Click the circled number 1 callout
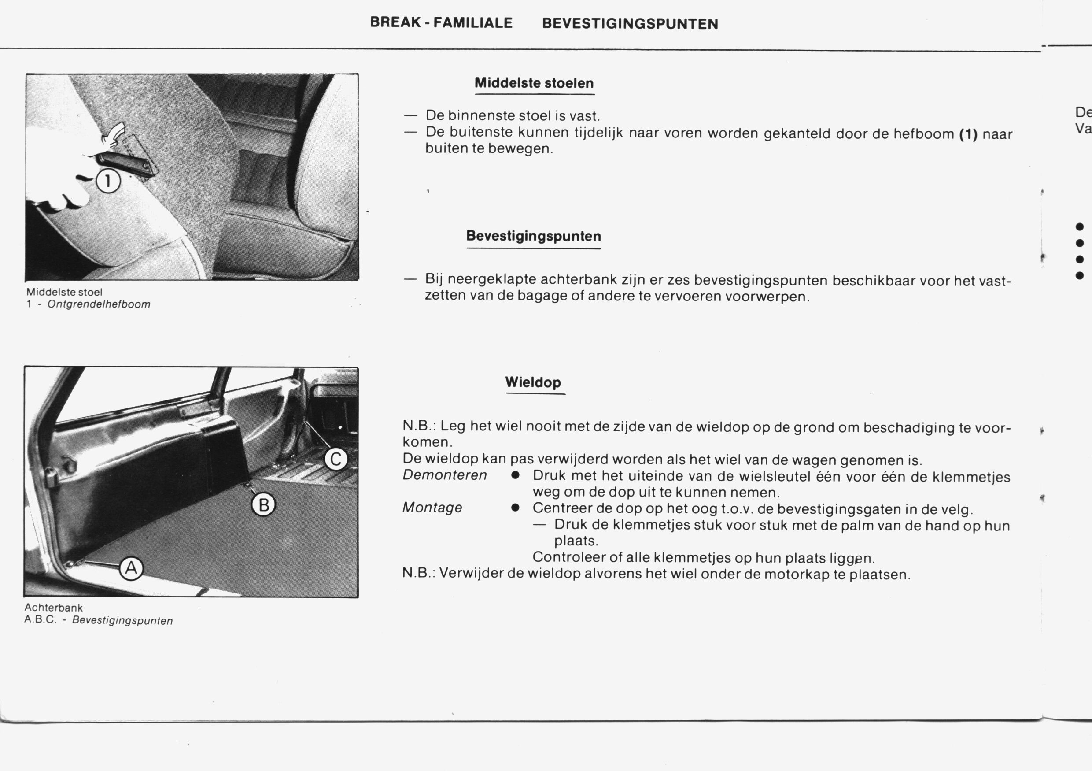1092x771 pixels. [108, 182]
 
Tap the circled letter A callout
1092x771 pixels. [131, 568]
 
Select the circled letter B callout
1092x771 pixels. [263, 504]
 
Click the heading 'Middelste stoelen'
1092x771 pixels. [534, 83]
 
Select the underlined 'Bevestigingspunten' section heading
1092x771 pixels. [533, 236]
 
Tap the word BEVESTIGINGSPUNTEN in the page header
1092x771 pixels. [630, 24]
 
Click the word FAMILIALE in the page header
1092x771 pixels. [473, 23]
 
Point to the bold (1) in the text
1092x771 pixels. [968, 134]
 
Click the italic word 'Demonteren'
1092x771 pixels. [445, 475]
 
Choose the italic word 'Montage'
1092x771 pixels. [432, 508]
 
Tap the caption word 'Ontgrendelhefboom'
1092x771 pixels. [99, 304]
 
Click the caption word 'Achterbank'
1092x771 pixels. [54, 608]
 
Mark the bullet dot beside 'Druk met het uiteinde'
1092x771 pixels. [515, 476]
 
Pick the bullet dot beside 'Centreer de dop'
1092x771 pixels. [515, 508]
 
